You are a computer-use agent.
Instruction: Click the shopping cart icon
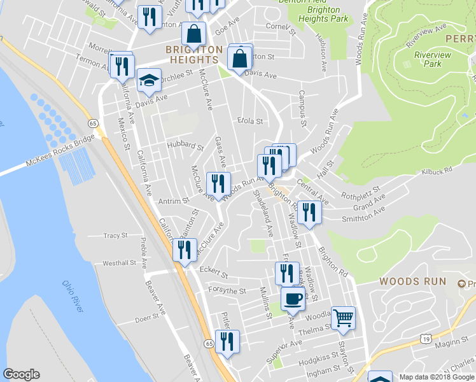(x=343, y=316)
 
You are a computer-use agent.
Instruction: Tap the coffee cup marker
(x=293, y=298)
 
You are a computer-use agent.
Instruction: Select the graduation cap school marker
(x=149, y=80)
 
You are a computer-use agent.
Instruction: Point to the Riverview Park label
(x=428, y=59)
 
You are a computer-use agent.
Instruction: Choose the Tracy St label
(x=115, y=236)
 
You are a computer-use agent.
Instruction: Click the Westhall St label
(x=120, y=262)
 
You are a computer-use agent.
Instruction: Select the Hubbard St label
(x=185, y=146)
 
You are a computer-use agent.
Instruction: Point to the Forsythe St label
(x=227, y=291)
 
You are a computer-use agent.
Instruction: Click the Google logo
(x=21, y=375)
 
